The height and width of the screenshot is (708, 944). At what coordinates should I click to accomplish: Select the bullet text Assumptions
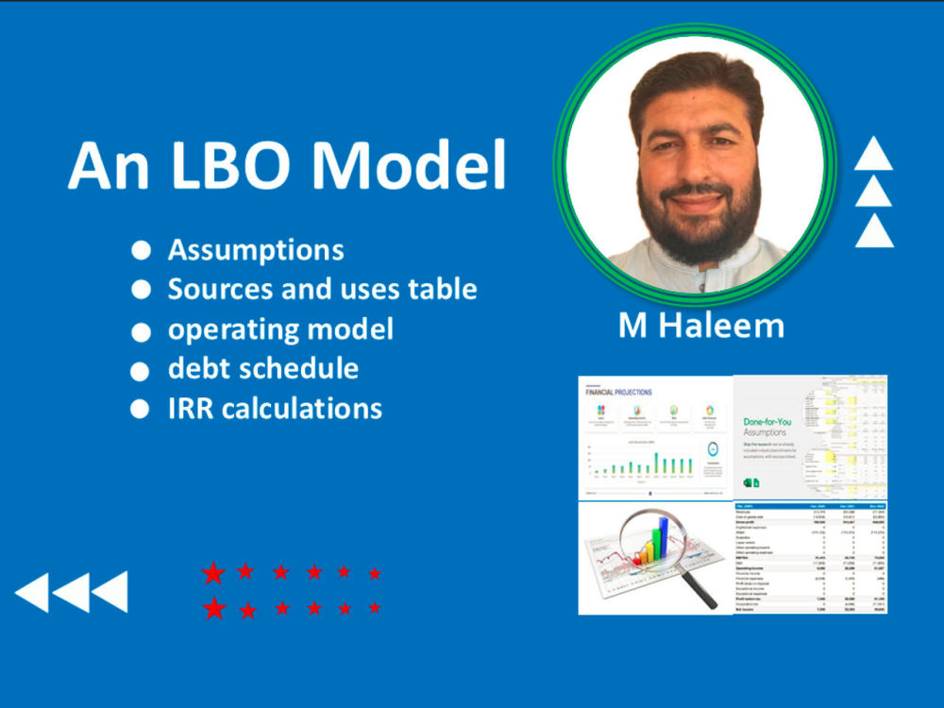(x=256, y=250)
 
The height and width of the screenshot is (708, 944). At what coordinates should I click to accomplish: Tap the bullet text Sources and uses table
(x=322, y=289)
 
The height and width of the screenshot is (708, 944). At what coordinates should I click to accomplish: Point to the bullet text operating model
(x=280, y=329)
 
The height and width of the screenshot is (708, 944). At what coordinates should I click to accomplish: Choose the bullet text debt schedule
(x=262, y=368)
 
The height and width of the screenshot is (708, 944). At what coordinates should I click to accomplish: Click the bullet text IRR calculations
(x=275, y=408)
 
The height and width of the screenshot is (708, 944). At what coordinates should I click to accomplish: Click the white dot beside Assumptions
(x=141, y=250)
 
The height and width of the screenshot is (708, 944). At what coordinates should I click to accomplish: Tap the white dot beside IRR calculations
(x=141, y=409)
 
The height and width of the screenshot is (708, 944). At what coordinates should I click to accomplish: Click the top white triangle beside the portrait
(x=873, y=154)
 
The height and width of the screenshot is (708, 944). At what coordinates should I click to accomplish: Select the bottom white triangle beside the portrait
(x=873, y=230)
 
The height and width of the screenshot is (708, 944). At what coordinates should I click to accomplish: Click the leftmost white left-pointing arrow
(x=32, y=592)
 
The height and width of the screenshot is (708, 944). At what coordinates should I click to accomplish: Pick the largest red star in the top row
(x=214, y=572)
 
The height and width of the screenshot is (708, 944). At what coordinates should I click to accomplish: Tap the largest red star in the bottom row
(x=214, y=608)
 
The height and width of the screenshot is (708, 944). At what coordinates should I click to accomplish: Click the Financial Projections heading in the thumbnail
(x=619, y=392)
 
